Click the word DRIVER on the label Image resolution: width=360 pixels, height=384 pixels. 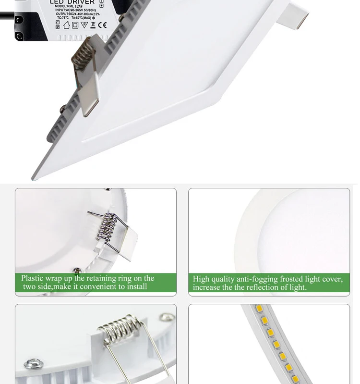tap(82, 2)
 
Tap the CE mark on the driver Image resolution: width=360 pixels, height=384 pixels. tap(102, 25)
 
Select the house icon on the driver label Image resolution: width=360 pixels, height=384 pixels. tap(66, 25)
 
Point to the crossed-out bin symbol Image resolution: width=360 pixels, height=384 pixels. tap(93, 25)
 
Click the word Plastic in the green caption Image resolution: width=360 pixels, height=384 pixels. tap(32, 278)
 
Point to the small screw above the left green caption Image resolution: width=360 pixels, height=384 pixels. tap(75, 271)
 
